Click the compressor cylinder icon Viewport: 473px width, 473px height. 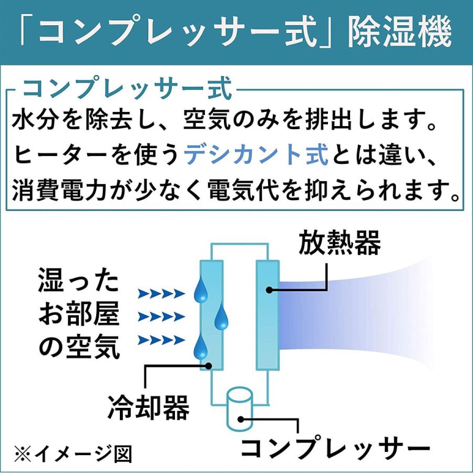point(240,408)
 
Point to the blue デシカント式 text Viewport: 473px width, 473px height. point(256,156)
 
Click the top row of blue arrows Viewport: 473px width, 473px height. point(161,293)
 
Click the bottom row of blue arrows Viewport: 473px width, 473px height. point(161,340)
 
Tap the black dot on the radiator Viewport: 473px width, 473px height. point(269,289)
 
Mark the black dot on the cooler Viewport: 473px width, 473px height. point(209,366)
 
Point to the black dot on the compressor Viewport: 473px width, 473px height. point(241,419)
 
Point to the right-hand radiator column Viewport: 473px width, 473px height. point(266,315)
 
